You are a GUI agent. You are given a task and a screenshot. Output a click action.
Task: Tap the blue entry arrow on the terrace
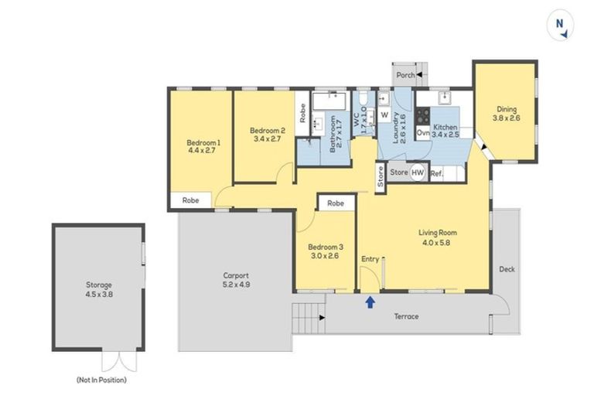click(x=370, y=302)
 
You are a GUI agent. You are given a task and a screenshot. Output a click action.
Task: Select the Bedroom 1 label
click(x=203, y=142)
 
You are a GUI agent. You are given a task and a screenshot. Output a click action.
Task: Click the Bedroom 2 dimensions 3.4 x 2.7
click(x=268, y=141)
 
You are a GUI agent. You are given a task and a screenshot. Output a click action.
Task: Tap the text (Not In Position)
click(x=101, y=380)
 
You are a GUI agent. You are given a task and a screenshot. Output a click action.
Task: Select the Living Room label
click(x=438, y=232)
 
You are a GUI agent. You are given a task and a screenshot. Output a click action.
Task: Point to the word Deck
click(x=507, y=269)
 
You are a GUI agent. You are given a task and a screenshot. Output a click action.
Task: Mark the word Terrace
click(x=407, y=316)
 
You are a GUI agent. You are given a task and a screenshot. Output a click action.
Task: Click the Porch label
click(x=404, y=75)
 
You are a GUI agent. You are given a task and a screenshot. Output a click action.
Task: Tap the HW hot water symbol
click(x=418, y=172)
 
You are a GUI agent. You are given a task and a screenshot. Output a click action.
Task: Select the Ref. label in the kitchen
click(x=436, y=173)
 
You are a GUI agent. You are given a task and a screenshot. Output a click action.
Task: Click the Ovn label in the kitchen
click(x=423, y=133)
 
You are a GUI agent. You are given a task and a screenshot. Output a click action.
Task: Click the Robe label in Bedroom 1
click(x=190, y=200)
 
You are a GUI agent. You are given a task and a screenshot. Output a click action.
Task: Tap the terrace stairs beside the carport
click(x=306, y=316)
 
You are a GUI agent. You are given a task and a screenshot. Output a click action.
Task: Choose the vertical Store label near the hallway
click(x=381, y=176)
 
